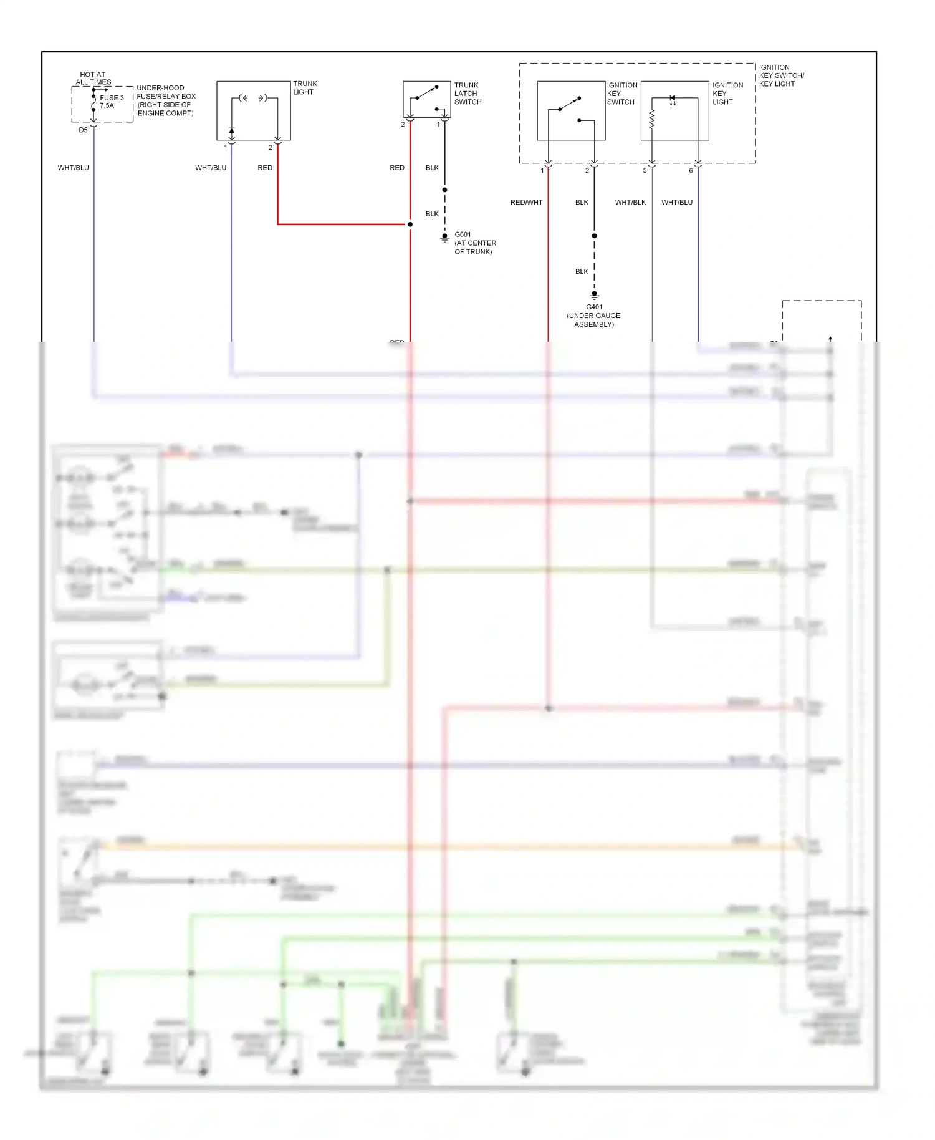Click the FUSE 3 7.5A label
click(112, 102)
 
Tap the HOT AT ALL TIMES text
click(93, 78)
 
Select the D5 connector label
click(83, 130)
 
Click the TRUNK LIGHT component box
click(254, 110)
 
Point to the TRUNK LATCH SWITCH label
click(467, 94)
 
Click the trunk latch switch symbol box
click(426, 99)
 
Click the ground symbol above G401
click(594, 294)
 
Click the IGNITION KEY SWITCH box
click(571, 110)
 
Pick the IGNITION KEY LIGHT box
click(674, 110)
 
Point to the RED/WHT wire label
click(526, 202)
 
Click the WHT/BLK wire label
click(630, 202)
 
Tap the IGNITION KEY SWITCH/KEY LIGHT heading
click(781, 75)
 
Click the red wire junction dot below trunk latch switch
click(410, 224)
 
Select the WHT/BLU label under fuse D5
click(74, 168)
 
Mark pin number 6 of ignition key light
click(691, 171)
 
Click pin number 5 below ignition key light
click(645, 171)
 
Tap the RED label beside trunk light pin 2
click(265, 168)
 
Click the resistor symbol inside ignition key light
click(652, 120)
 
